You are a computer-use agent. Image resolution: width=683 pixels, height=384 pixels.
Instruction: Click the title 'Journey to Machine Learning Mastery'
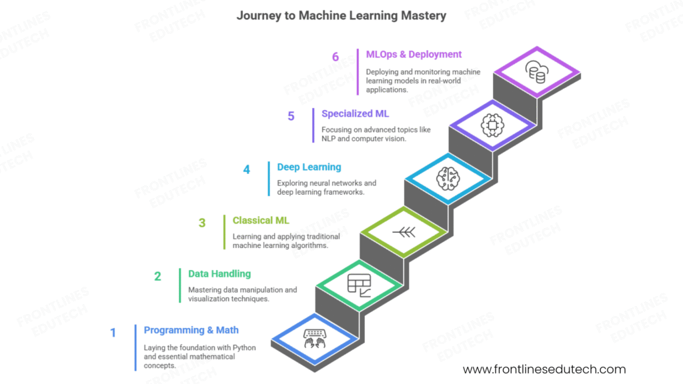tap(341, 15)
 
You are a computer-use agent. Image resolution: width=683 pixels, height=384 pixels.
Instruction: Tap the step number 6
tap(335, 57)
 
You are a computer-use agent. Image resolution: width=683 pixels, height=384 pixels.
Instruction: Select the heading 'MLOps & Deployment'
tap(414, 55)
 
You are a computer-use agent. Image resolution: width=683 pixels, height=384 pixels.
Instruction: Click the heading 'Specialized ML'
tap(355, 114)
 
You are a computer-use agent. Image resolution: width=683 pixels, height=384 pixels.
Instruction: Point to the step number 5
tap(291, 116)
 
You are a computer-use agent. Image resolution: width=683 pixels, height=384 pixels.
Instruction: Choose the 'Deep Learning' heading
tap(309, 167)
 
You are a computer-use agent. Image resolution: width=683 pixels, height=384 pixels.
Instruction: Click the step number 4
tap(246, 170)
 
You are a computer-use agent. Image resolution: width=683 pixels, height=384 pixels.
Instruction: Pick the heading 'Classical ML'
tap(261, 220)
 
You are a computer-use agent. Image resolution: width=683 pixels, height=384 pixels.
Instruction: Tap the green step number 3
tap(202, 223)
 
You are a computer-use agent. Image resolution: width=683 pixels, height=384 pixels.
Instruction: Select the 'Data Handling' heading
tap(219, 273)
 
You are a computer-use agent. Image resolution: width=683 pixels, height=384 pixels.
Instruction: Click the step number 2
tap(158, 276)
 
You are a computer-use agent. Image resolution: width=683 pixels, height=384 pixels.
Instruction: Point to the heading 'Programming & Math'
tap(191, 330)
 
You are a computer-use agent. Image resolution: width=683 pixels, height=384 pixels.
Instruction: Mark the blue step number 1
tap(113, 332)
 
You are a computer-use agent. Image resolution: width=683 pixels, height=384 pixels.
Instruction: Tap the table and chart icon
tap(358, 285)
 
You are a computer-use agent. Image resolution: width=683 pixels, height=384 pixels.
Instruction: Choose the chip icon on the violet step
tap(491, 125)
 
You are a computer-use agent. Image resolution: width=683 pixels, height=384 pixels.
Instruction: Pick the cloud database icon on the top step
tap(535, 71)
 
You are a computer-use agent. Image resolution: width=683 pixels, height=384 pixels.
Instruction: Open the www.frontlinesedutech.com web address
tap(544, 369)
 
